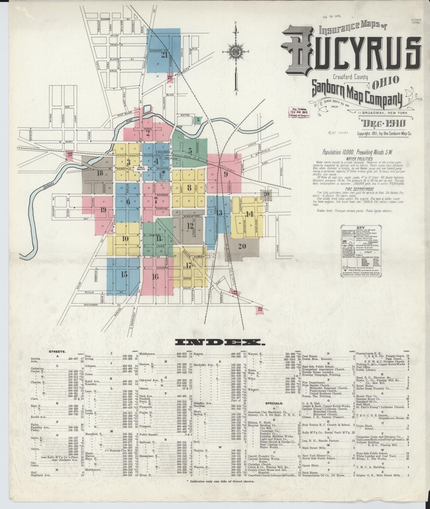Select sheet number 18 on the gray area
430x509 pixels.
[x=100, y=173]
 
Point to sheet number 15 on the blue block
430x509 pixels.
[x=124, y=274]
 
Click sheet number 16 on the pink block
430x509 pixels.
[x=155, y=277]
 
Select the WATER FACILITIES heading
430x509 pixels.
[x=354, y=159]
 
